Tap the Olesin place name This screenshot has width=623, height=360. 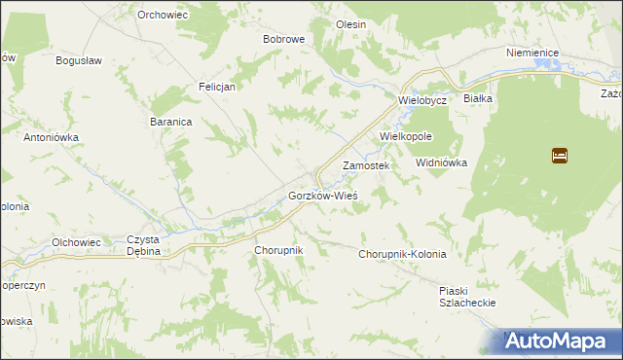[x=350, y=23]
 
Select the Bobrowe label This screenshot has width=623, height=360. [x=284, y=40]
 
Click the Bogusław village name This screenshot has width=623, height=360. [x=80, y=60]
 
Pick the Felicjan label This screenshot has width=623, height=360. [x=218, y=86]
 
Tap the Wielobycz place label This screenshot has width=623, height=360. [x=421, y=100]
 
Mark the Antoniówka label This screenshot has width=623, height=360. [x=51, y=137]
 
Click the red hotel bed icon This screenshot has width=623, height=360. [x=560, y=155]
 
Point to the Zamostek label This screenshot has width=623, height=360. [x=366, y=166]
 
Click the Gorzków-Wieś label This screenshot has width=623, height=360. [x=323, y=196]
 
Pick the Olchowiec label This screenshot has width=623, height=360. [x=77, y=241]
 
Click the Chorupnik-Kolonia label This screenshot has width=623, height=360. [x=402, y=254]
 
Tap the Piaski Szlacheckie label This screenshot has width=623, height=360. [x=468, y=297]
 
